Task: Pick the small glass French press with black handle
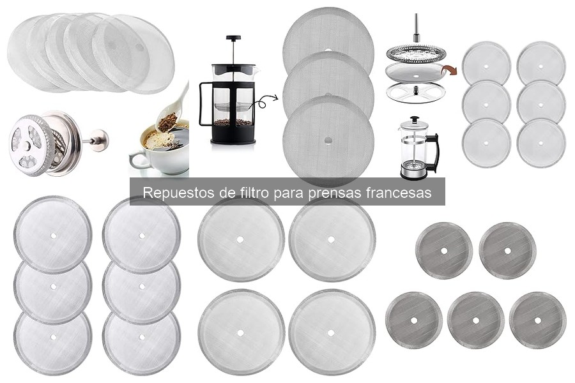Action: (417, 148)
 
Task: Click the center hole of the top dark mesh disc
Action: (328, 50)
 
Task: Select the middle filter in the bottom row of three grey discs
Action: (475, 320)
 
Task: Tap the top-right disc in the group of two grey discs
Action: (507, 250)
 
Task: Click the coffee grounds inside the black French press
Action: (233, 121)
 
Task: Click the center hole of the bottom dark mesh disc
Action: (328, 139)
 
